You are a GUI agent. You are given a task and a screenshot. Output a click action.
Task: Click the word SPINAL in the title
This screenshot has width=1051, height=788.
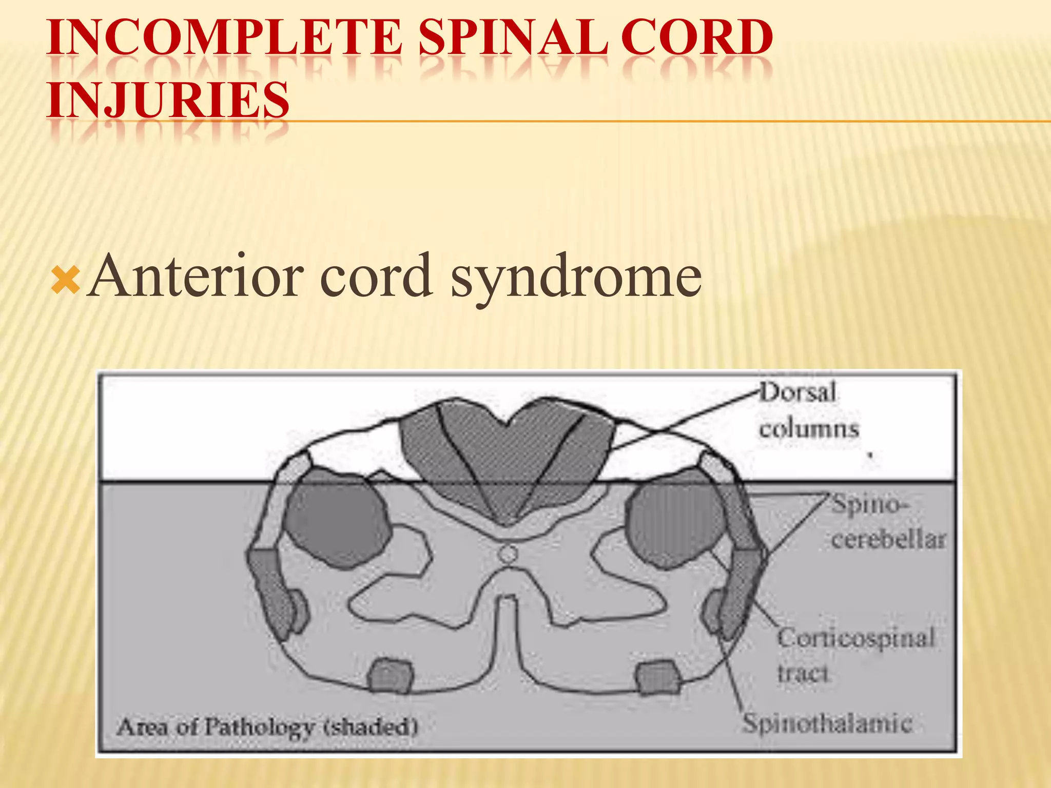pyautogui.click(x=513, y=37)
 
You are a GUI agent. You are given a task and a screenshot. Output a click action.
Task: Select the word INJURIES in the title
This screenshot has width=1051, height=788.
pyautogui.click(x=168, y=99)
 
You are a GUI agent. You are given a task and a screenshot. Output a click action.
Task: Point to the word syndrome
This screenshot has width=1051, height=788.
pyautogui.click(x=576, y=280)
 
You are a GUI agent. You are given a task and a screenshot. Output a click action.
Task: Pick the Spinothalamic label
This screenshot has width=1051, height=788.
pyautogui.click(x=827, y=723)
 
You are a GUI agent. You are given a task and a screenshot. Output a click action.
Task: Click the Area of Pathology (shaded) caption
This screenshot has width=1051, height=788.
pyautogui.click(x=267, y=726)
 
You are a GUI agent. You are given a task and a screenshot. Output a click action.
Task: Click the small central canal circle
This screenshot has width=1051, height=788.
pyautogui.click(x=508, y=554)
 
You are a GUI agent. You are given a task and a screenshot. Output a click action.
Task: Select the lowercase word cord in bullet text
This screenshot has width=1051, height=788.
pyautogui.click(x=375, y=277)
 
